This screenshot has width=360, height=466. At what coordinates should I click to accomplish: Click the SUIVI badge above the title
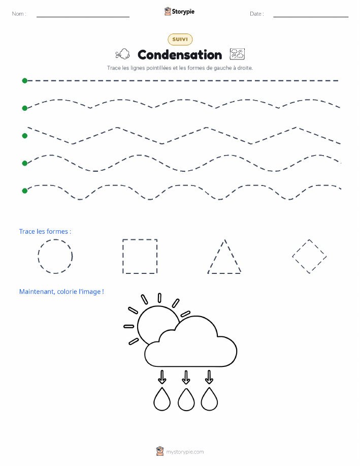(180, 39)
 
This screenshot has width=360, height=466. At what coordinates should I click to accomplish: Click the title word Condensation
(180, 55)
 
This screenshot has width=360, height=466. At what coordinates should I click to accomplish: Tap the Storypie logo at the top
(179, 11)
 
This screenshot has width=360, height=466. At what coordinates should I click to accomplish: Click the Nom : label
(19, 14)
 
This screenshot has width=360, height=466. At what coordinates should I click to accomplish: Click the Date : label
(257, 14)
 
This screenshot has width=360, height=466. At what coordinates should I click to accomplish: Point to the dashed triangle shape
(216, 256)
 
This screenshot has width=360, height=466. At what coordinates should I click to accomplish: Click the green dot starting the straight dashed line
(25, 80)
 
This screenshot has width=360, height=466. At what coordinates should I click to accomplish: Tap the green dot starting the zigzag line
(25, 136)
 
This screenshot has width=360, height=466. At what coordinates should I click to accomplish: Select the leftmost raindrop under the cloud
(162, 399)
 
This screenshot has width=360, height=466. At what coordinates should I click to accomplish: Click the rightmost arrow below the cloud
(209, 377)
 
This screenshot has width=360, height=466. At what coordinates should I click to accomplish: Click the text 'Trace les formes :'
(45, 232)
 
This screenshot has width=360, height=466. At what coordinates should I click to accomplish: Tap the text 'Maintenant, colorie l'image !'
(61, 292)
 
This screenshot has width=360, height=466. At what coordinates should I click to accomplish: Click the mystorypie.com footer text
(185, 452)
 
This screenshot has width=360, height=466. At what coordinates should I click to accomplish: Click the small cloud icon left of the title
(122, 54)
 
